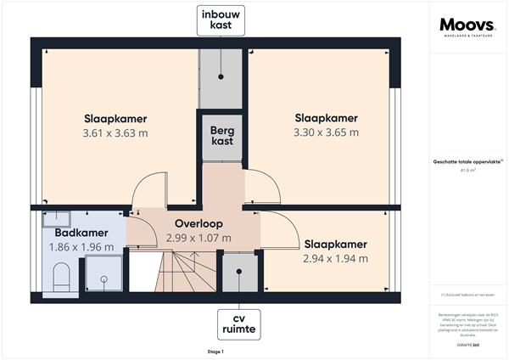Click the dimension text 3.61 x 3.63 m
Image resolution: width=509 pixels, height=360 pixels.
[115, 133]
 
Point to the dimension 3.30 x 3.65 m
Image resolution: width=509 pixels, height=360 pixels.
[326, 132]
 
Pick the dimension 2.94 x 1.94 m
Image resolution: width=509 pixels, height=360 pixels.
[335, 258]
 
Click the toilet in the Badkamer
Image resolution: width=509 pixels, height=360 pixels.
[60, 276]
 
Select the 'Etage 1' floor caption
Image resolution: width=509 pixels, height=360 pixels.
[215, 351]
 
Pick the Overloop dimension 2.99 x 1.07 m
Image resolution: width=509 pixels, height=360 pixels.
[199, 238]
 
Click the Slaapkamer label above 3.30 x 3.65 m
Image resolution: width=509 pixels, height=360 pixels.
[326, 118]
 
